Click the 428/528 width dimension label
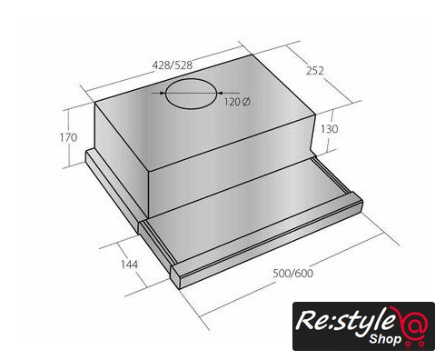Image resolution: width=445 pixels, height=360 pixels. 172,65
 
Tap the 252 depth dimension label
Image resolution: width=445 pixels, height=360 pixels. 315,71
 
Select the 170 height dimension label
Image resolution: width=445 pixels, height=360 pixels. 68,137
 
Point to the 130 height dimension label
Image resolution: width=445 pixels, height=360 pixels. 330,129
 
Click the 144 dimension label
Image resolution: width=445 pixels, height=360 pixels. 129,265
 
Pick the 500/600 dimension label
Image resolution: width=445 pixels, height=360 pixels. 293,274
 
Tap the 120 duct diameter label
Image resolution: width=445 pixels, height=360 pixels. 232,102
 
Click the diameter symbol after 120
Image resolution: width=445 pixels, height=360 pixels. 246,102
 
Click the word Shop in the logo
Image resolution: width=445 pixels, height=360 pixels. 385,339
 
